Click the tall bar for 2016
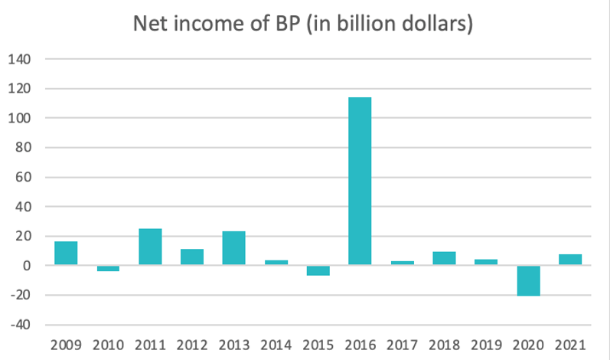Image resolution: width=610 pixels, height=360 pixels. click(x=360, y=181)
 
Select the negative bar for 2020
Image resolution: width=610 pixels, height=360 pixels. click(x=528, y=280)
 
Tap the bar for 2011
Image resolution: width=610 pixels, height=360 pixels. click(x=150, y=247)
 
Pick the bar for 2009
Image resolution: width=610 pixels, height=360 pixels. click(x=66, y=253)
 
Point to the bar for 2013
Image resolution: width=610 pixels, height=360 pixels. click(x=234, y=248)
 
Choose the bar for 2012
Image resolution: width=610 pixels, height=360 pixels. click(x=192, y=257)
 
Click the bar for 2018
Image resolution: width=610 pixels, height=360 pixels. click(x=444, y=258)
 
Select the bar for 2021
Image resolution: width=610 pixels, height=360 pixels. click(x=570, y=260)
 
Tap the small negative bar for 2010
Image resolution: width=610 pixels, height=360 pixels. click(x=108, y=268)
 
